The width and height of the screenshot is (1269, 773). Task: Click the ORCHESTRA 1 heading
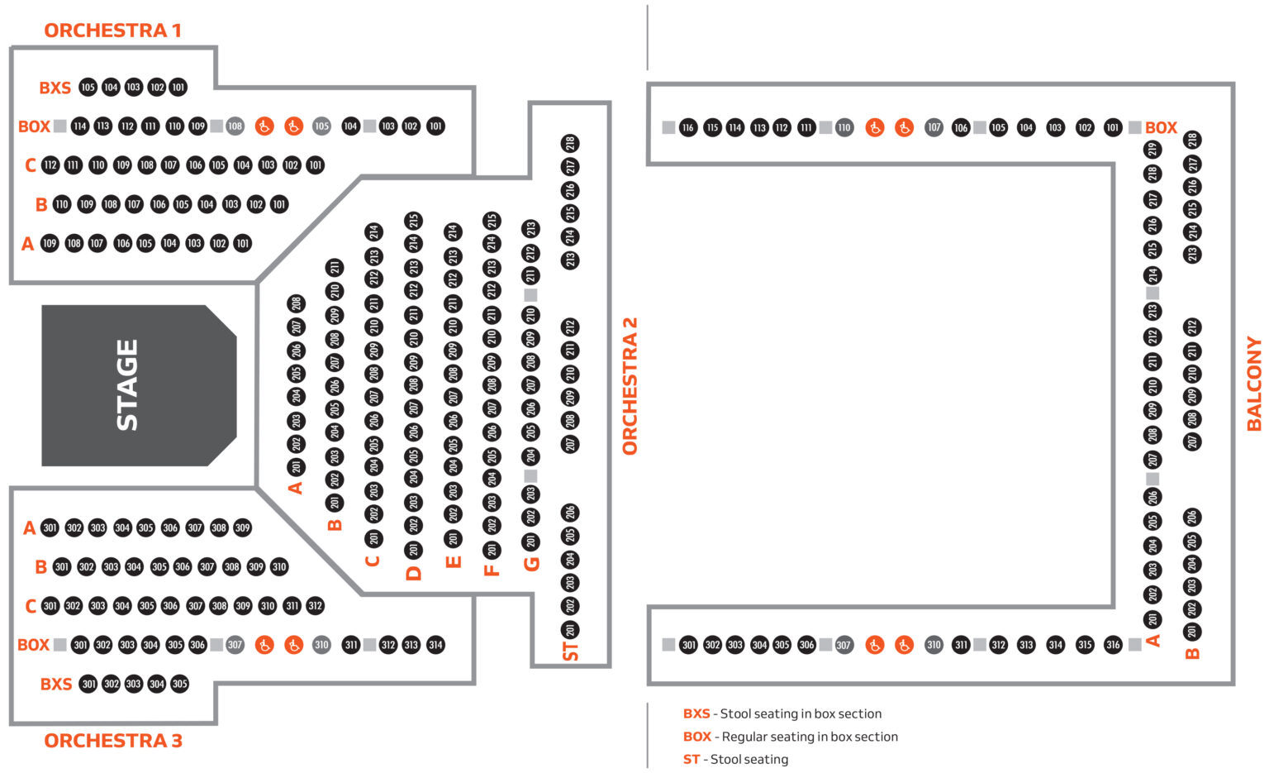point(112,31)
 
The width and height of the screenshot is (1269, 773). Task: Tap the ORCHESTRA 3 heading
point(112,741)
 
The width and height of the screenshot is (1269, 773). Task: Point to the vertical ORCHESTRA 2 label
point(630,386)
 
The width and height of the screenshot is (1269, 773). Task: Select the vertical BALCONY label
point(1254,384)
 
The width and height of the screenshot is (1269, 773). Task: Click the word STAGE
point(127,385)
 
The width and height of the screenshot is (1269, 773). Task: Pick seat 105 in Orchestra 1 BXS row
point(88,87)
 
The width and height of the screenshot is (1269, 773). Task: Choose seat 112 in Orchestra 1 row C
point(50,165)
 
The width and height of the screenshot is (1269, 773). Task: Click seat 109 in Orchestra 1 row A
point(50,243)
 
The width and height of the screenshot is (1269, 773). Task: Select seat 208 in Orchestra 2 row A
point(297,303)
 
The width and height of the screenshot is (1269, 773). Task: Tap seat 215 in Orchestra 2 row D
point(414,221)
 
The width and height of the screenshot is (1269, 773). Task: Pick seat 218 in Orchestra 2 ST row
point(570,143)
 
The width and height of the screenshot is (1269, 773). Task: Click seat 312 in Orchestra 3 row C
point(315,606)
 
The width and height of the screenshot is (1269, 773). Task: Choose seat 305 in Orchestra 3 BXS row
point(180,684)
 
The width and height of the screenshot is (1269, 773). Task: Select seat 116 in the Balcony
point(688,127)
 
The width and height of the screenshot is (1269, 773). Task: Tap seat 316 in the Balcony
point(1113,645)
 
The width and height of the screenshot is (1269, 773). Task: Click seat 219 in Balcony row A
point(1153,150)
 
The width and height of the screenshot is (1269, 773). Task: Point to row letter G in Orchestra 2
point(531,564)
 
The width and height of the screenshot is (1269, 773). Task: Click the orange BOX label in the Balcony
point(1161,127)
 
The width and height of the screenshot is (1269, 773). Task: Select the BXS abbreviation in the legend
point(696,713)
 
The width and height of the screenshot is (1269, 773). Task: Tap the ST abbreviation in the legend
point(692,759)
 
